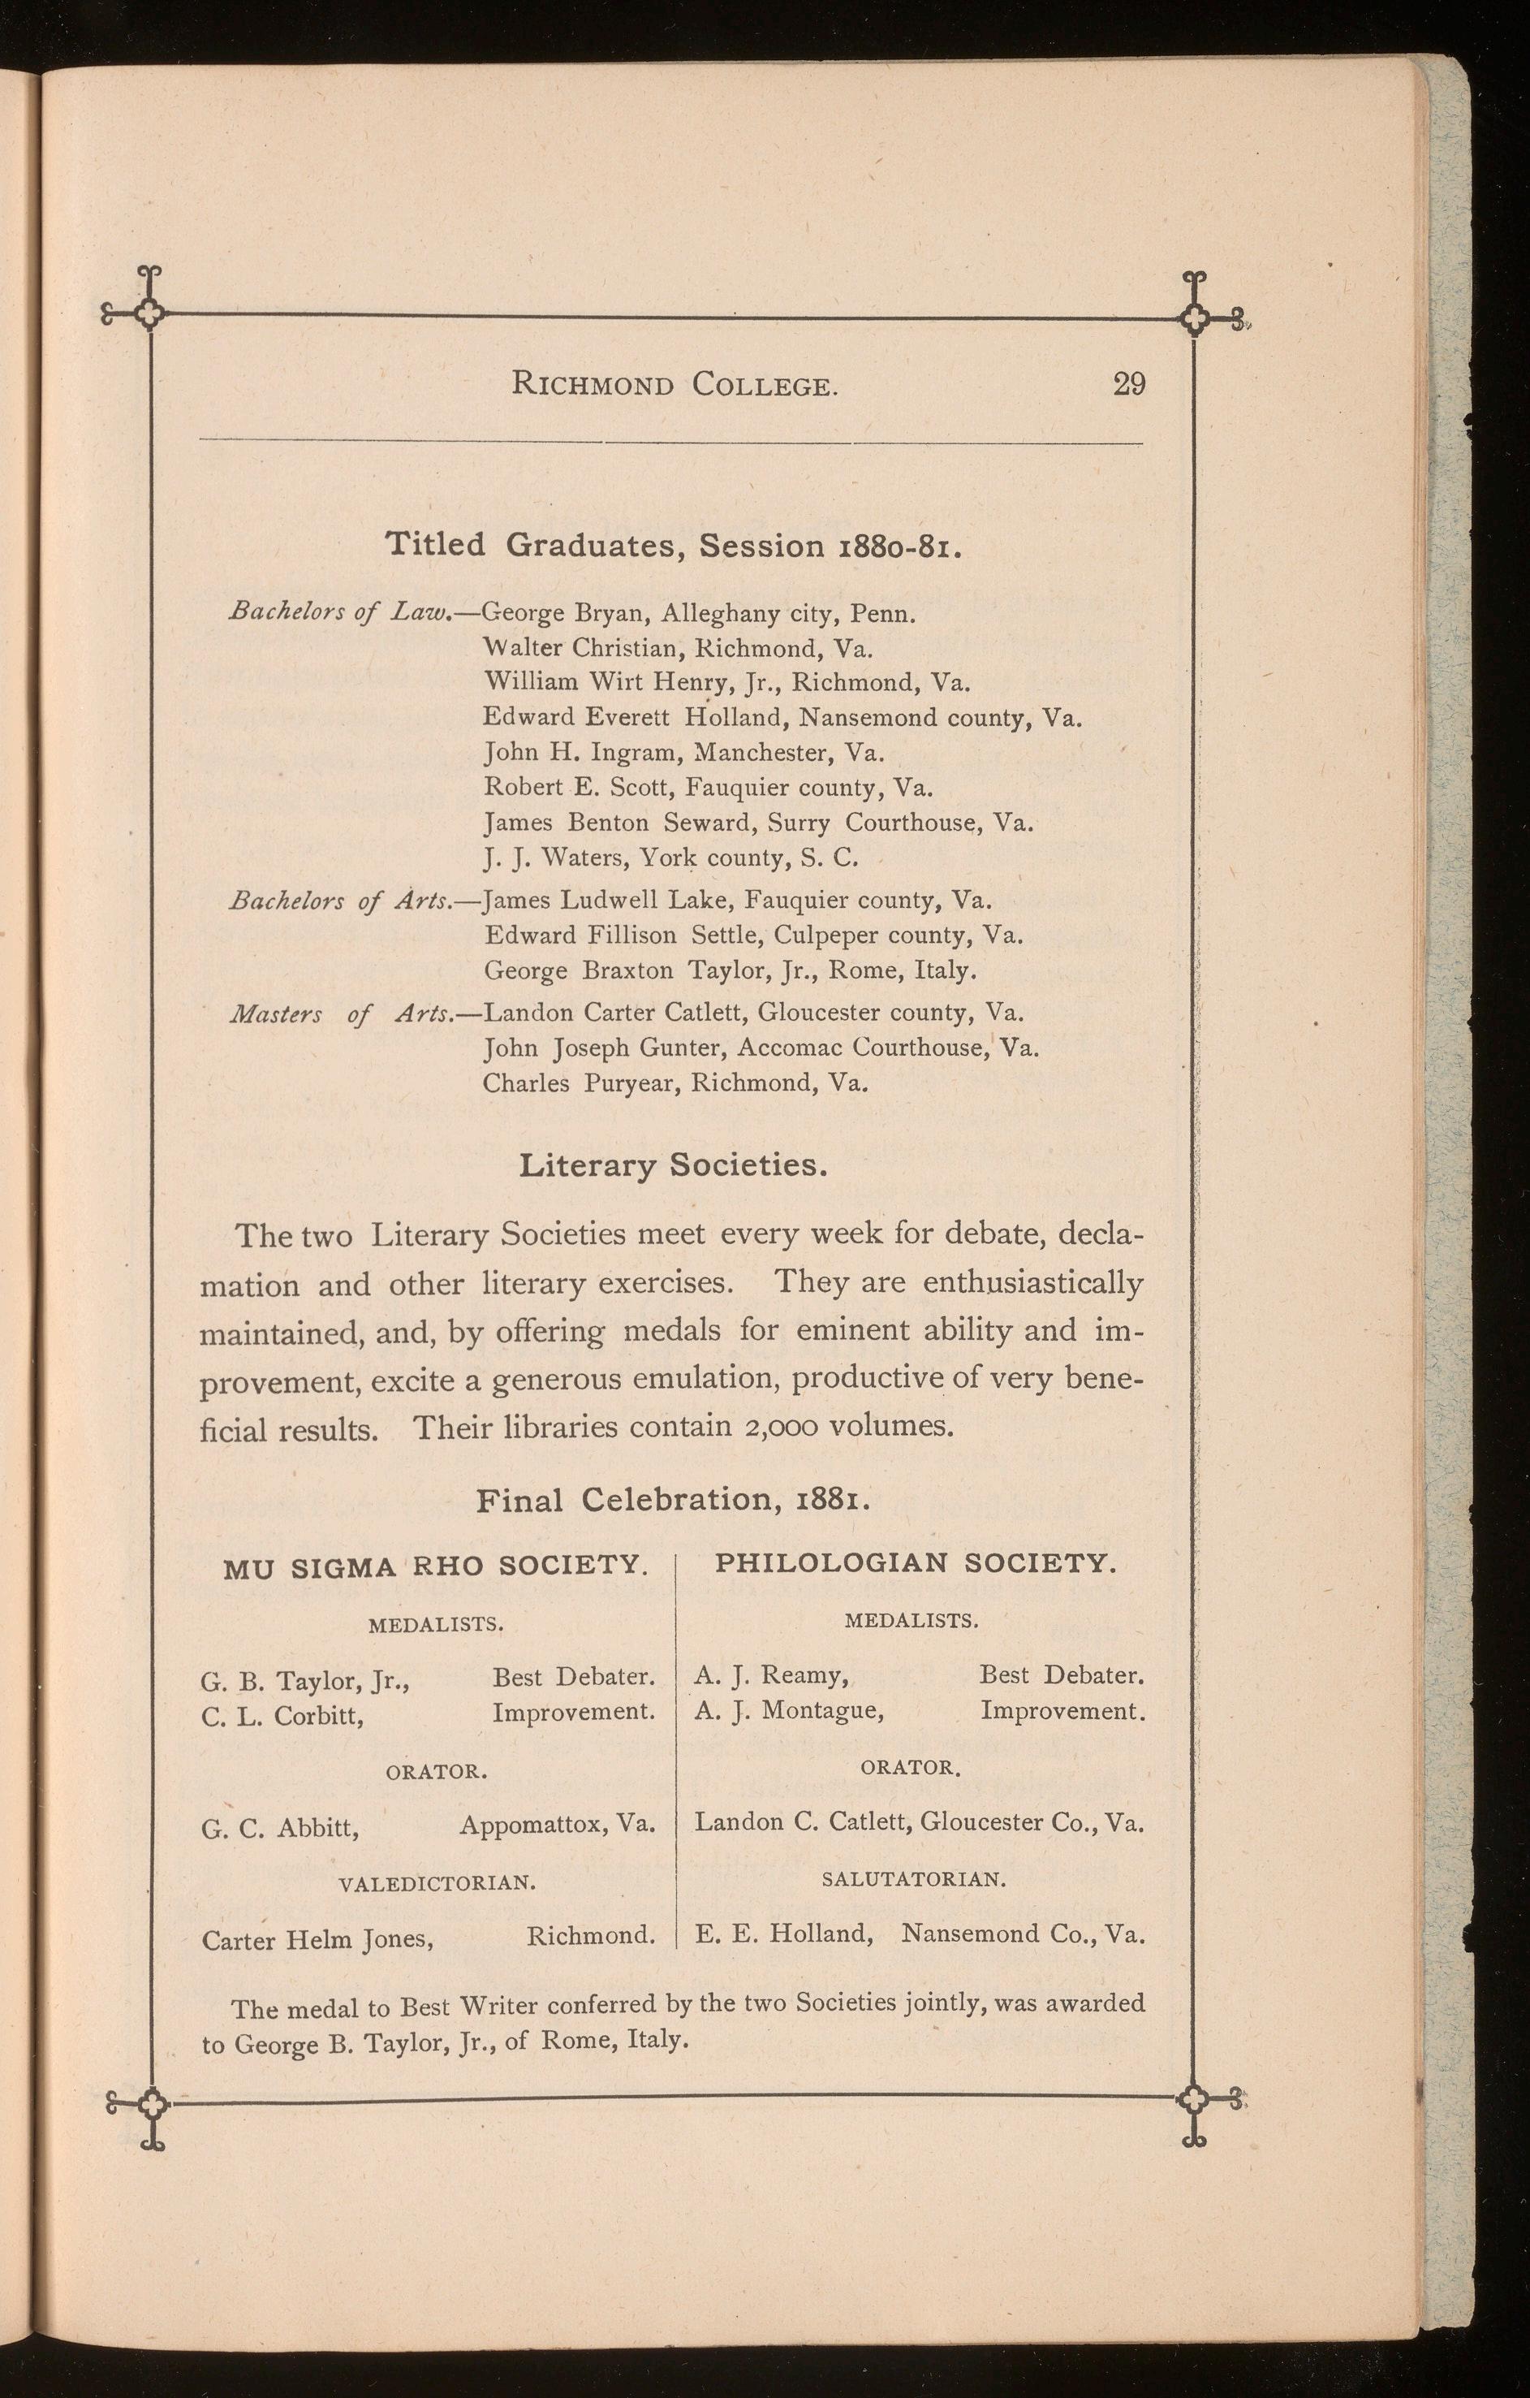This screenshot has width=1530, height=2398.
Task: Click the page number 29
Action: click(x=1129, y=383)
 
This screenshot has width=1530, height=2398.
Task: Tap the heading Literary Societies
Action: click(x=673, y=1165)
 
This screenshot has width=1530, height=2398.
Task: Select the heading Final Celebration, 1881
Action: click(x=674, y=1500)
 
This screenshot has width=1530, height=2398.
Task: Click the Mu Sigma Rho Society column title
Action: click(x=435, y=1566)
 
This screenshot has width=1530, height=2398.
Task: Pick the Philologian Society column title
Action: click(x=916, y=1562)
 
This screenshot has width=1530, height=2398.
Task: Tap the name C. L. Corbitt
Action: click(x=282, y=1716)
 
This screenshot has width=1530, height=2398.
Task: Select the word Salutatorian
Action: click(x=914, y=1879)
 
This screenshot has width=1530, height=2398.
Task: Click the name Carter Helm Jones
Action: click(x=317, y=1940)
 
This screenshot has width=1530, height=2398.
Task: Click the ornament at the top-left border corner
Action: click(x=150, y=315)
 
